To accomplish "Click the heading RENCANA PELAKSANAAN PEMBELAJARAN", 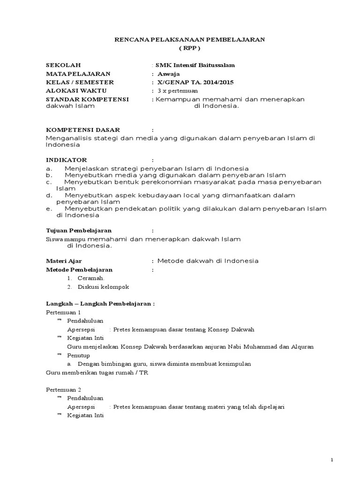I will click(190, 40).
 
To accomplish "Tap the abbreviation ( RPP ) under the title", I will click(190, 48).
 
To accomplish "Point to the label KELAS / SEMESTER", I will click(80, 82).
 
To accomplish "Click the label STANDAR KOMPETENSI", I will click(87, 99).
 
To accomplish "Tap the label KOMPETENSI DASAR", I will click(82, 129).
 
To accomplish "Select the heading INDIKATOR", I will click(66, 160).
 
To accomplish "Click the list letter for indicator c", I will click(48, 181).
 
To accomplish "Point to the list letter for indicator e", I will click(48, 209).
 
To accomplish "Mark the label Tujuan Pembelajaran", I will click(78, 231).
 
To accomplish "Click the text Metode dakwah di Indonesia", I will click(208, 261).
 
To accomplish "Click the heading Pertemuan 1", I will click(63, 312).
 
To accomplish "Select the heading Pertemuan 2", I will click(63, 390).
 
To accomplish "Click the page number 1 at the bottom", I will click(332, 460).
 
